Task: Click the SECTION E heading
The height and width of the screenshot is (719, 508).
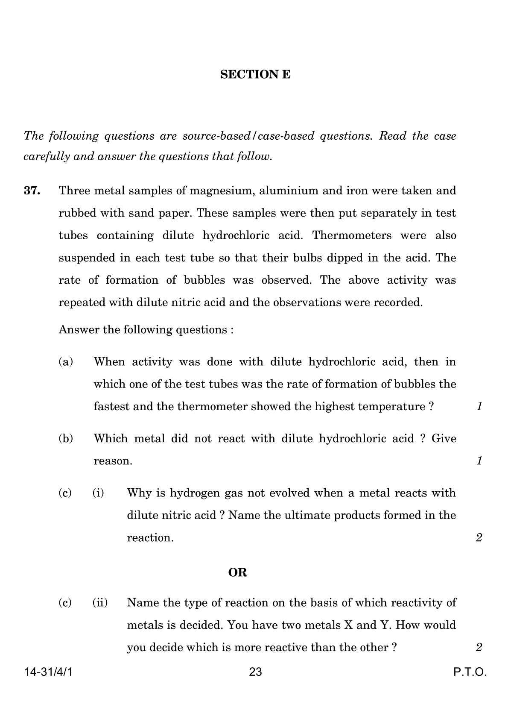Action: coord(255,75)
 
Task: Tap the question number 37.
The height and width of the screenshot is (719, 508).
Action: coord(32,191)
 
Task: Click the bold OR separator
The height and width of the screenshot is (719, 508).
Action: coord(238,572)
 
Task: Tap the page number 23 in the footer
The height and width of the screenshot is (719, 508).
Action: coord(255,672)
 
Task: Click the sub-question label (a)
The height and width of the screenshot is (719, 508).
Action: coord(66,362)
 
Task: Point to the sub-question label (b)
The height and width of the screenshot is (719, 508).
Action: coord(66,438)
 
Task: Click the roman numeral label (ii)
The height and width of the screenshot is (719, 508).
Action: coord(100,603)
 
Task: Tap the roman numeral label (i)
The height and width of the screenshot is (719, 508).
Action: coord(98,493)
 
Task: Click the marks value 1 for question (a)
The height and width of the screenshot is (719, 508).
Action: coord(479,406)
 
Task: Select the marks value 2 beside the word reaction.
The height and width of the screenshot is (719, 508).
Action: coord(479,537)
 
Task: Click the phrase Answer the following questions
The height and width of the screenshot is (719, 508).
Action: coord(146,330)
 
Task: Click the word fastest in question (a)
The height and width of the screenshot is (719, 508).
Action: coord(111,406)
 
